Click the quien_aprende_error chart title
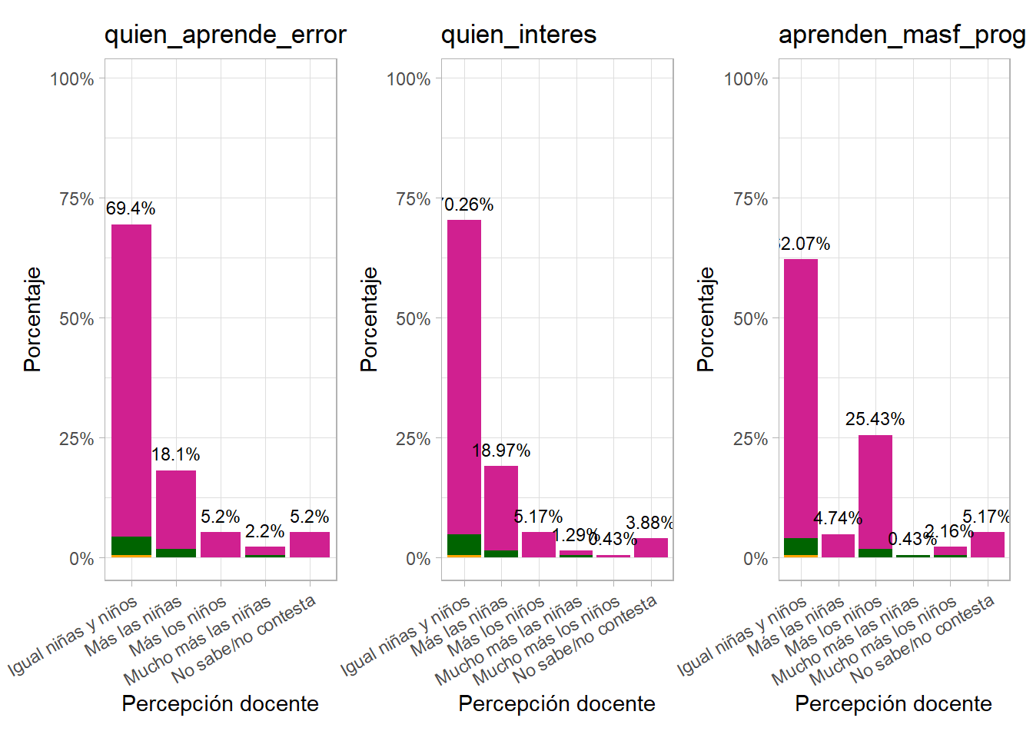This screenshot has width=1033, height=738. (225, 35)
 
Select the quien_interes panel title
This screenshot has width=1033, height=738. (519, 35)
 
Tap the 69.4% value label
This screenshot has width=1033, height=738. (131, 208)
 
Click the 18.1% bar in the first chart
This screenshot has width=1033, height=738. (176, 511)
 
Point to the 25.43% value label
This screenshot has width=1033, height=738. (875, 419)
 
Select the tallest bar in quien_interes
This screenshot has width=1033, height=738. (464, 384)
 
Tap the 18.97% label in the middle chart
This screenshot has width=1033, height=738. (501, 450)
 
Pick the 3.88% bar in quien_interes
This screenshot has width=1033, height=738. (651, 547)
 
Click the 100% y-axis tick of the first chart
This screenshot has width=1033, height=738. (72, 79)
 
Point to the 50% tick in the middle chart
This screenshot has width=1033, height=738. (414, 319)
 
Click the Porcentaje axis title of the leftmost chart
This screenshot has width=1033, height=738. (32, 319)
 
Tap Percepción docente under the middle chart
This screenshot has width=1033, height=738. (556, 703)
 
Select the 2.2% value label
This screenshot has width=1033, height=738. (264, 531)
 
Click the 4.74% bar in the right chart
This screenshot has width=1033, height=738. (838, 546)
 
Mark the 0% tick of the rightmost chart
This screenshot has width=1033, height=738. (756, 559)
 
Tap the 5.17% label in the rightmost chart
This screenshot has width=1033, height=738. (986, 517)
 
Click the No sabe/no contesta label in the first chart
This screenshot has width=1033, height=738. (244, 640)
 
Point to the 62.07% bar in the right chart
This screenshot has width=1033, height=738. (801, 400)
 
